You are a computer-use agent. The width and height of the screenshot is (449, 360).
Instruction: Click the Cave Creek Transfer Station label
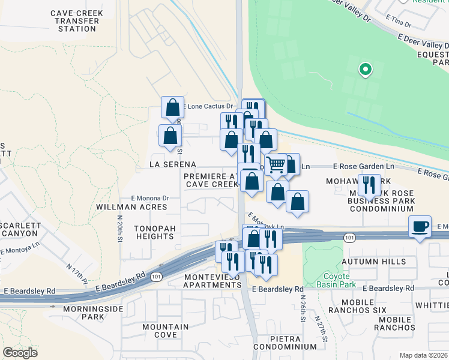pos(77,21)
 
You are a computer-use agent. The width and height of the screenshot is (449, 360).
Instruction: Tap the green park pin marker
pos(364,70)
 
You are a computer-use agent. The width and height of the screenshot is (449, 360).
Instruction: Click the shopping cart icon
pos(276,164)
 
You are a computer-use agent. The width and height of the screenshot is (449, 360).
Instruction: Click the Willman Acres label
pos(131,207)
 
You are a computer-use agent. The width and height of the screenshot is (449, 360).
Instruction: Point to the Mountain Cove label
pos(166,331)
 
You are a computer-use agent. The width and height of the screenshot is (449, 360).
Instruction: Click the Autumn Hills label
pos(370,262)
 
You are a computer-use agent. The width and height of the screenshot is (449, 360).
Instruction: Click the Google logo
pos(20,353)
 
